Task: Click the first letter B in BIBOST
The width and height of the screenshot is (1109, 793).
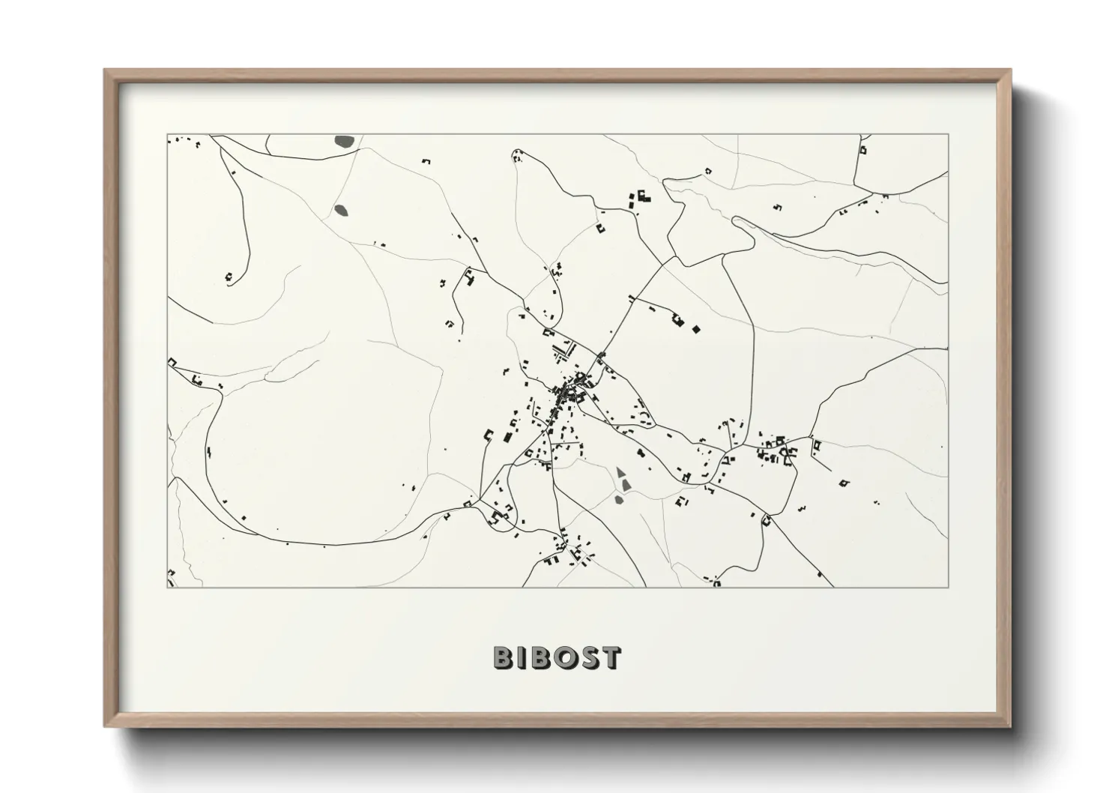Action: click(x=504, y=657)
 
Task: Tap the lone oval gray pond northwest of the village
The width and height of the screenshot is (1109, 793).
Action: click(x=342, y=211)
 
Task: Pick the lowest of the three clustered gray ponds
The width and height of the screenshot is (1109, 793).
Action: click(x=620, y=499)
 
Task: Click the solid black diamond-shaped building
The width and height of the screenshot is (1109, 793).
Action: click(x=696, y=328)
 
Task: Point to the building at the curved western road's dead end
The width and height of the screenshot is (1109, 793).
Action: click(x=229, y=278)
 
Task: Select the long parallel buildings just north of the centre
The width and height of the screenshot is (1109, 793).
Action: click(x=561, y=350)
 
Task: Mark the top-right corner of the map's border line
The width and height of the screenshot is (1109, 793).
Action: click(x=949, y=134)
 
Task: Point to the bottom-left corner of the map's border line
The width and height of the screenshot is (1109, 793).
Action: click(x=167, y=587)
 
